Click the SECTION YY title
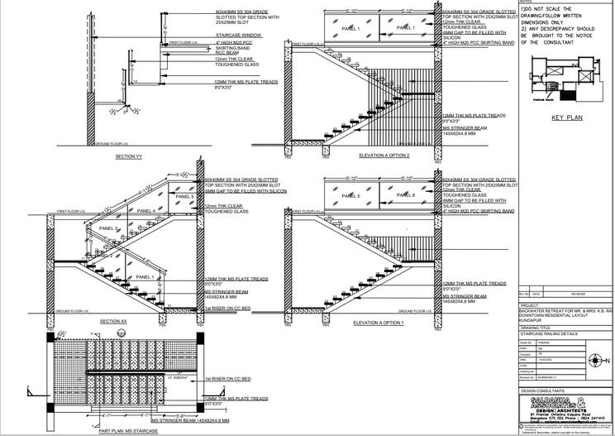click(129, 156)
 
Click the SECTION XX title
click(112, 320)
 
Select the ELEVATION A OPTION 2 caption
click(384, 155)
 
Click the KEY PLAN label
click(567, 117)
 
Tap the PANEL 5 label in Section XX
click(185, 197)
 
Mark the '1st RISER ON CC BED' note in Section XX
click(228, 308)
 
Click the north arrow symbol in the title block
click(593, 361)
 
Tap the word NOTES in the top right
click(527, 2)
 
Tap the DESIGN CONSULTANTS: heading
click(546, 389)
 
